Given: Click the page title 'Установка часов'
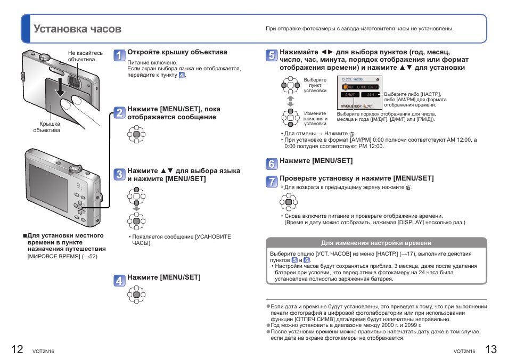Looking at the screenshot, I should point(77,29).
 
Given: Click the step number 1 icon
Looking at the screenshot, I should point(120,55).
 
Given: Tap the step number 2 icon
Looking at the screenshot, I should point(120,112).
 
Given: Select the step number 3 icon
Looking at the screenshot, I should point(120,174).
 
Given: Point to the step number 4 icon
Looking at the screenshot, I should point(120,281).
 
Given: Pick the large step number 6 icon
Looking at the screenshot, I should point(272,164).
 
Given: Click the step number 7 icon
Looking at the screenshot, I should point(272,181).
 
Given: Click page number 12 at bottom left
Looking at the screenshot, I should point(17,349).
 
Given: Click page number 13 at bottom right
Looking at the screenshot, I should point(490,349).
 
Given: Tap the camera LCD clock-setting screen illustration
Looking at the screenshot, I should point(359,93).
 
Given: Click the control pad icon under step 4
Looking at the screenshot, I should point(136,294).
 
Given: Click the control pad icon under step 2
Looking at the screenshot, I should point(136,135).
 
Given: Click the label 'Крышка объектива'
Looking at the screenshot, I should point(46,127).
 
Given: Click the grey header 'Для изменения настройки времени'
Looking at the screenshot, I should point(376,242).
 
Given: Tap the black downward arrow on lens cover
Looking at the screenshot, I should point(60,86).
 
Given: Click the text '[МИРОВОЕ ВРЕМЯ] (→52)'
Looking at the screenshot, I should point(62,257).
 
